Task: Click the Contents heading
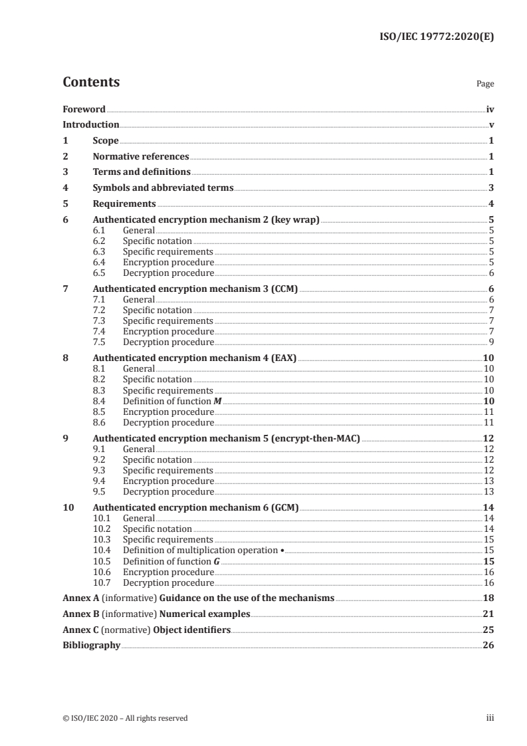91,82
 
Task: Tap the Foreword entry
84,109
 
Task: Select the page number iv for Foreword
489,109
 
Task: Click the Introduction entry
90,124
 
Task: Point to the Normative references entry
141,156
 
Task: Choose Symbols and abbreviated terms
163,187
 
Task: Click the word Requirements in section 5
124,203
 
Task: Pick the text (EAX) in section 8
284,358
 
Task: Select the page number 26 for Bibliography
488,645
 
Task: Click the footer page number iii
490,717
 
